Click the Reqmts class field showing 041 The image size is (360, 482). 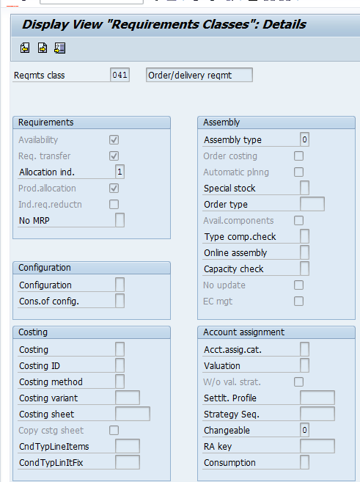(x=120, y=75)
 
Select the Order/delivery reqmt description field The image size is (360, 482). (x=199, y=75)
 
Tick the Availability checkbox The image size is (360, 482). (x=114, y=140)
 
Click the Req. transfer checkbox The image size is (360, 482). (x=114, y=156)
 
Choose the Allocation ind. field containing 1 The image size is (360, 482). (x=120, y=172)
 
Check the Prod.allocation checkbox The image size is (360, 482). (x=114, y=188)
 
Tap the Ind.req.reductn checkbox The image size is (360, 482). (x=114, y=204)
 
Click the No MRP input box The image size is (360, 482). (x=120, y=220)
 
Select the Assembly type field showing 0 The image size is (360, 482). (x=304, y=139)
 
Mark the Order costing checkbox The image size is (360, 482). (x=298, y=156)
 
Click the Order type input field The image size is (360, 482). (x=312, y=204)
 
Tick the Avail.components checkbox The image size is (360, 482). (x=298, y=220)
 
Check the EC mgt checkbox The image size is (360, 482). (x=298, y=301)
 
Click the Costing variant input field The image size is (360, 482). (x=128, y=398)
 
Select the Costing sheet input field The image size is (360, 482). (x=133, y=414)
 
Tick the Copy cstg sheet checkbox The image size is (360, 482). (x=114, y=430)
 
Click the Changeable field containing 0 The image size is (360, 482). (x=304, y=430)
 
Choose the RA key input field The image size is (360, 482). (x=317, y=446)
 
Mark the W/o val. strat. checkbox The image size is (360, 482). (x=298, y=381)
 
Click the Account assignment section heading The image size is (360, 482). (x=244, y=332)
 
